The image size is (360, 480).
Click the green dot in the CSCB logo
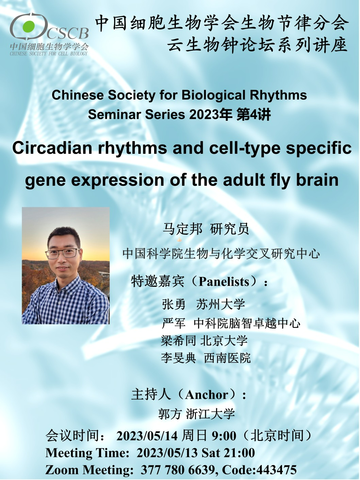coord(29,26)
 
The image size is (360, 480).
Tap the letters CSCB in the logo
coord(68,33)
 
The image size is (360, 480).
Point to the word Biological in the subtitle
coord(213,95)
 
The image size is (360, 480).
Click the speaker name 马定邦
coord(182,229)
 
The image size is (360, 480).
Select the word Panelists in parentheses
coord(224,282)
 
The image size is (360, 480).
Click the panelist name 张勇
coord(174,304)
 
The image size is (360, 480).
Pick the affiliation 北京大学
coord(224,341)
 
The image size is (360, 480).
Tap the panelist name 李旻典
coord(178,358)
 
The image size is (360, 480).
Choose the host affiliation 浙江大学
coord(210,414)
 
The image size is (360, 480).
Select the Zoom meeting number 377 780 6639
coord(177,470)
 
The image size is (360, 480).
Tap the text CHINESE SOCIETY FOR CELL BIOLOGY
coord(49,53)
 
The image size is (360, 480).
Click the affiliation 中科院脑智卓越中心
coord(247,324)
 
